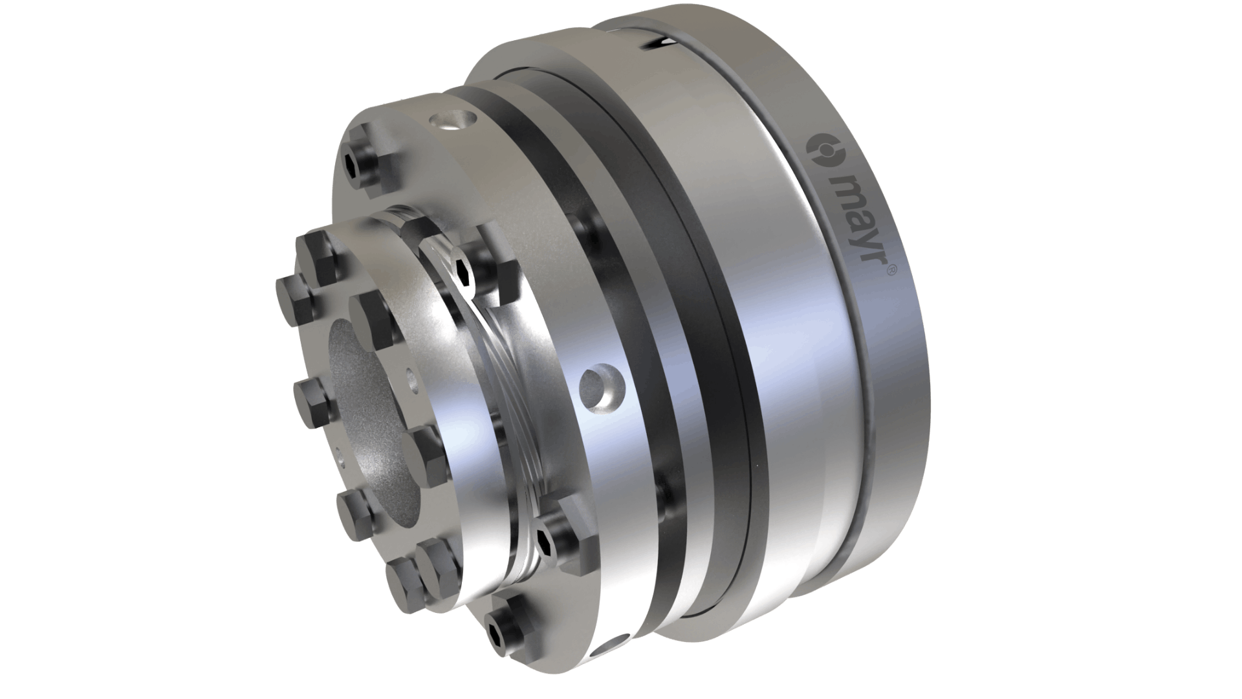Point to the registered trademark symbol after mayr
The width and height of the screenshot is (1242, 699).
click(889, 272)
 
